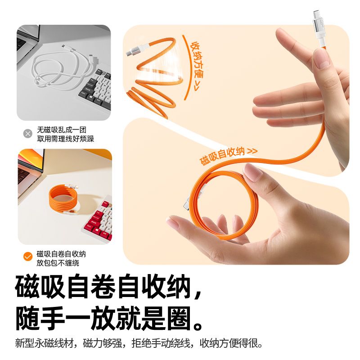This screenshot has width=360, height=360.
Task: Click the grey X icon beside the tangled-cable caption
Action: click(x=28, y=134)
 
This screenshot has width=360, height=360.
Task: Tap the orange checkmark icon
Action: click(x=28, y=256)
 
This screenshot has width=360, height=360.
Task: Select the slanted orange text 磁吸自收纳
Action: click(x=222, y=156)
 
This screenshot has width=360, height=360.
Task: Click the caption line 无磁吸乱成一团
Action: click(x=62, y=130)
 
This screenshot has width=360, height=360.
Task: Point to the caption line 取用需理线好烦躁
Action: click(x=66, y=139)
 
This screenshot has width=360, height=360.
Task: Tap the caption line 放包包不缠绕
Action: click(x=58, y=263)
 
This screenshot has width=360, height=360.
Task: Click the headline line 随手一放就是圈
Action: click(x=109, y=319)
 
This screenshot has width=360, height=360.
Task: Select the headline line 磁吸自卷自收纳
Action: click(x=108, y=287)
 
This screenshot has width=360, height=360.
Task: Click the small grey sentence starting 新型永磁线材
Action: click(x=139, y=343)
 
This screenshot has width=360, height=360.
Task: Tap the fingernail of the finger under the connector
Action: click(x=324, y=61)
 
